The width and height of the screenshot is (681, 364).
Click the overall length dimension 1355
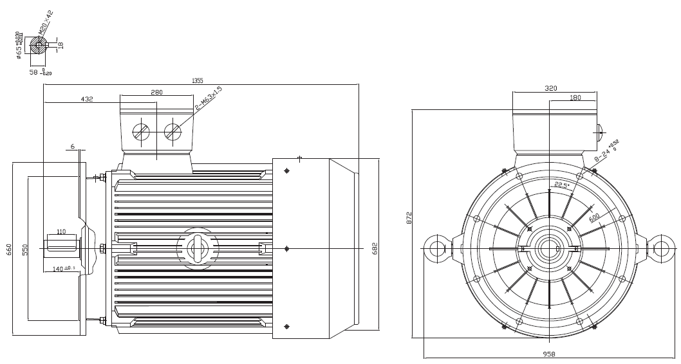pyautogui.click(x=197, y=80)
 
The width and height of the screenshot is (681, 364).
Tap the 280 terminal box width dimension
pyautogui.click(x=156, y=93)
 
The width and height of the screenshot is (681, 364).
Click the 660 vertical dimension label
pyautogui.click(x=8, y=250)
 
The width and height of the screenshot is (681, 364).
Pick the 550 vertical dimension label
pyautogui.click(x=25, y=250)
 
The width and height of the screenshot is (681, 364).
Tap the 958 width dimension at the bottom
pyautogui.click(x=549, y=354)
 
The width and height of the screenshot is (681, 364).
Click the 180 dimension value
pyautogui.click(x=575, y=98)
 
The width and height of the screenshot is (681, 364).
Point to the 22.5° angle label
pyautogui.click(x=563, y=185)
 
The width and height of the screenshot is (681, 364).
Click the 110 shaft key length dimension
pyautogui.click(x=61, y=232)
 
